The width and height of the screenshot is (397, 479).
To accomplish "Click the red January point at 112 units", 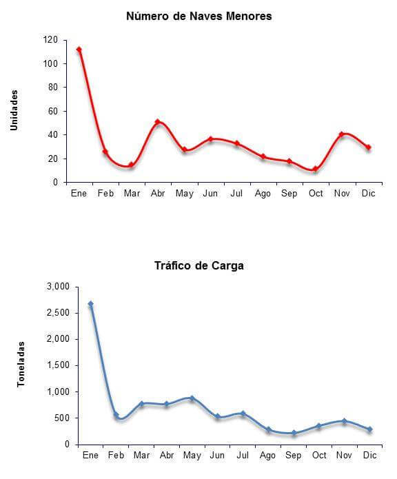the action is (79, 50).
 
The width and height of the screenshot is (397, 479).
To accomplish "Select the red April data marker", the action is (158, 121).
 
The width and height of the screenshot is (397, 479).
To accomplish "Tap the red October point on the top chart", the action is (316, 169).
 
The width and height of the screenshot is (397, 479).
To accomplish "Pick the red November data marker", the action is (342, 134).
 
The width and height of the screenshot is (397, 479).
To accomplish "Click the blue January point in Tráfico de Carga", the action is (91, 304).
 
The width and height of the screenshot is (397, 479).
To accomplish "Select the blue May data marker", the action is (192, 398).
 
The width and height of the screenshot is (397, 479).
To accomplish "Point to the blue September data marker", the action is (294, 433).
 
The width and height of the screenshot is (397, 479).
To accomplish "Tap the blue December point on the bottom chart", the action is (370, 429).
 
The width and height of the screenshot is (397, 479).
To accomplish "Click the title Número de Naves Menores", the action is (199, 16).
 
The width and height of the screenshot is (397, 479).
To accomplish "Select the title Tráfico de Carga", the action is (199, 265).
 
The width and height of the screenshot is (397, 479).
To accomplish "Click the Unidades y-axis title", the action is (14, 110).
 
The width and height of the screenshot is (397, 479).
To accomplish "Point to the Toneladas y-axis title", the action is (21, 365).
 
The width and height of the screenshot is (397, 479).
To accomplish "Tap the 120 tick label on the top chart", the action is (50, 40).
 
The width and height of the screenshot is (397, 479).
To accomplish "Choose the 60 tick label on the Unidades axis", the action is (52, 111).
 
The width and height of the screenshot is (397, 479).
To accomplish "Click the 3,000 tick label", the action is (58, 287).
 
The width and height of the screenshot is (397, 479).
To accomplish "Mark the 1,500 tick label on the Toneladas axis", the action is (58, 365).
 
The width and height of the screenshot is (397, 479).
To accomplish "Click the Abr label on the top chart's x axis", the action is (158, 194).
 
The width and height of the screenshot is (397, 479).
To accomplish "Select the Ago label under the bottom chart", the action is (267, 456).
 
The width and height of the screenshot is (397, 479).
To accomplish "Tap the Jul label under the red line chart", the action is (236, 194).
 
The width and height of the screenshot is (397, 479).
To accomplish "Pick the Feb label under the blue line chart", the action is (116, 455).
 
